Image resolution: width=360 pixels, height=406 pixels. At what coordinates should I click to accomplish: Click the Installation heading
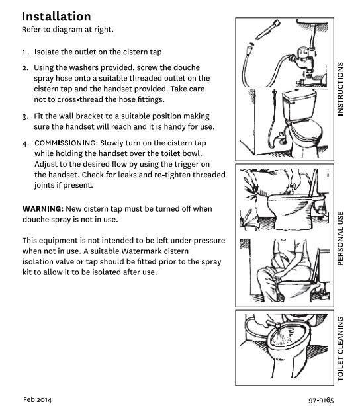pos(56,17)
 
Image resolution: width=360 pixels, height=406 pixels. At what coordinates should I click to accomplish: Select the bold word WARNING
pos(43,209)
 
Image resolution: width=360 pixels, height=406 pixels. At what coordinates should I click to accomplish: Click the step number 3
pos(25,117)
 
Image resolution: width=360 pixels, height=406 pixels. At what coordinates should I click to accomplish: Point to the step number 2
pos(25,68)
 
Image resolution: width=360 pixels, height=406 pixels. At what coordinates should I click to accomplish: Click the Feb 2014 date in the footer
pos(37,399)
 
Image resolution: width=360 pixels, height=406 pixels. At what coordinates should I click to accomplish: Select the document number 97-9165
pos(321,400)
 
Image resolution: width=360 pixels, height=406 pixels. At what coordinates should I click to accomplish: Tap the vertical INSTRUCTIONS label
pos(340,89)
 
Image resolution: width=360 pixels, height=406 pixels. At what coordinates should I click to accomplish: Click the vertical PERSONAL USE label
pos(340,238)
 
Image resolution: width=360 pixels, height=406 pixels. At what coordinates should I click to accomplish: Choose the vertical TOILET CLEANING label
pos(340,348)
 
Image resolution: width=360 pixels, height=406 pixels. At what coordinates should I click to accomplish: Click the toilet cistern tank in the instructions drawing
pos(299,104)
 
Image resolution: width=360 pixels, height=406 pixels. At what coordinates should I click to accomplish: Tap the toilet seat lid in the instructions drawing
pos(306,132)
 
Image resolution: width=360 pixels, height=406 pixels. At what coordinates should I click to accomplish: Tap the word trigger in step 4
pos(185,164)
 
